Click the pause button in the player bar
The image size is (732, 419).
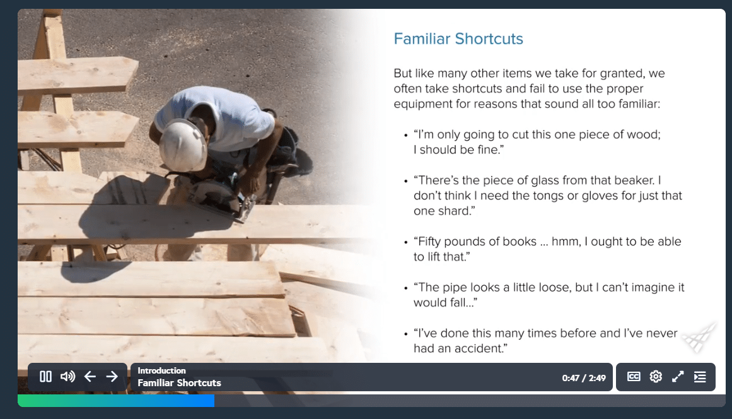tap(45, 377)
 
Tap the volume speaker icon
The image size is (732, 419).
tap(67, 377)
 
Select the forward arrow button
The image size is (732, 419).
tap(112, 377)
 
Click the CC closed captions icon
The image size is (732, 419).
tap(634, 377)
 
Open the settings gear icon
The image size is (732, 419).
tap(656, 377)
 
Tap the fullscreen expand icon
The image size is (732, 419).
tap(678, 377)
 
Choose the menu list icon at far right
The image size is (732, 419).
tap(700, 377)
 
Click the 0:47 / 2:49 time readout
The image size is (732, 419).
tap(584, 378)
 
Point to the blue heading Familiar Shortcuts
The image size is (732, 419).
tap(458, 38)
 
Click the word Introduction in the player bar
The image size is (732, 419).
tap(161, 370)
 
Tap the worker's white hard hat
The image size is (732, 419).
tap(183, 145)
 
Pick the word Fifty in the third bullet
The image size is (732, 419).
tap(429, 242)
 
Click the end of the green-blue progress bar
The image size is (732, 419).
tap(214, 400)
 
